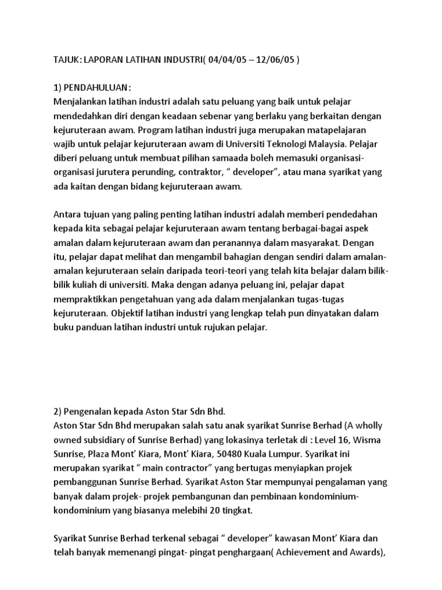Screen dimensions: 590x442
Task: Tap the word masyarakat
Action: click(307, 241)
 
